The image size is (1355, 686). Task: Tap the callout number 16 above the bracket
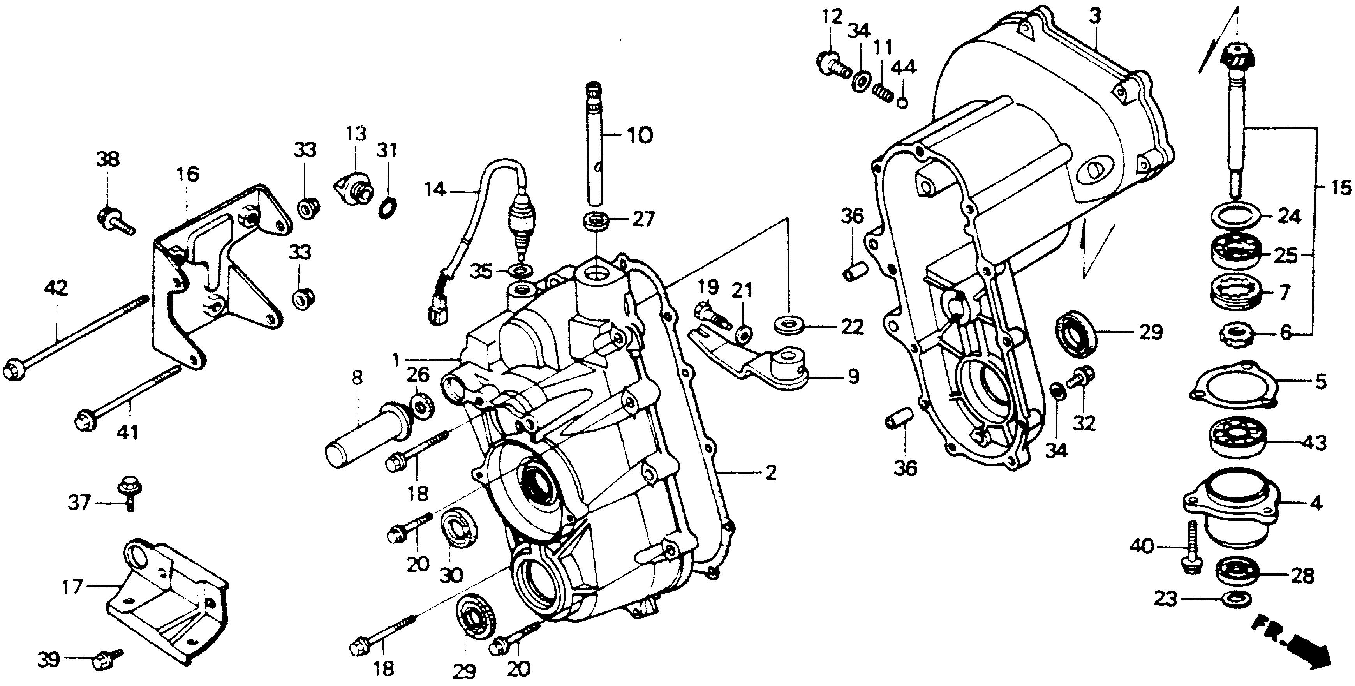point(188,174)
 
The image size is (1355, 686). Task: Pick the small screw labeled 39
point(105,660)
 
